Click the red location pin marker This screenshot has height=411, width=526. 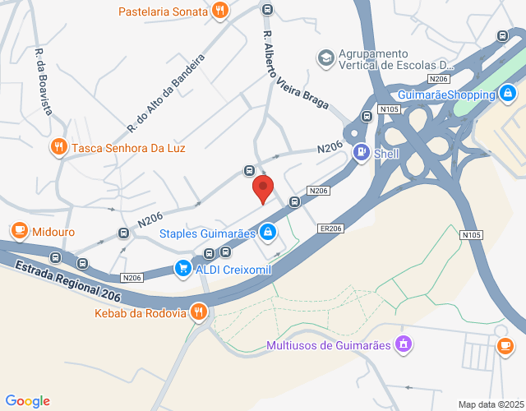click(x=262, y=188)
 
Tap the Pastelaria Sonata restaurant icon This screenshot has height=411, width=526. click(x=219, y=11)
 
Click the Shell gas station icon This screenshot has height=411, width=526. click(x=361, y=153)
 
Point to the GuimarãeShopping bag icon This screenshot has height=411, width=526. click(x=510, y=94)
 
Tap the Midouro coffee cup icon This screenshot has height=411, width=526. click(x=18, y=232)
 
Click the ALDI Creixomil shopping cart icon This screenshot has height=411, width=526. click(x=182, y=268)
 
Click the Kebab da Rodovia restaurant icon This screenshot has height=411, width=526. click(x=198, y=312)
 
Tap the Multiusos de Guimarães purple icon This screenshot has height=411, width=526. click(x=402, y=343)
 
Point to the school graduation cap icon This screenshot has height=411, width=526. click(x=325, y=57)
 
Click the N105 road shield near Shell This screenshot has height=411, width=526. click(x=389, y=109)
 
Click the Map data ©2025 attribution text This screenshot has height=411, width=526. click(x=490, y=404)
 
